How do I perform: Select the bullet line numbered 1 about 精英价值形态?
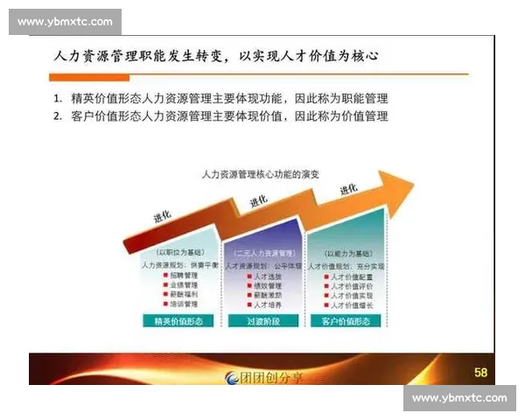[x=220, y=98]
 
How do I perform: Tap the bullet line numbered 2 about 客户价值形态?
[x=220, y=115]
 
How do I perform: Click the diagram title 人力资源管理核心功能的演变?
[x=260, y=174]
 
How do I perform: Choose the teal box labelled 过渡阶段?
[x=262, y=321]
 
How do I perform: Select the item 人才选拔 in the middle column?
[x=265, y=275]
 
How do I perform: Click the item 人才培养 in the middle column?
[x=265, y=304]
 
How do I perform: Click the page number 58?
[x=480, y=372]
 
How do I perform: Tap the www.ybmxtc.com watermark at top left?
[x=66, y=22]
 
